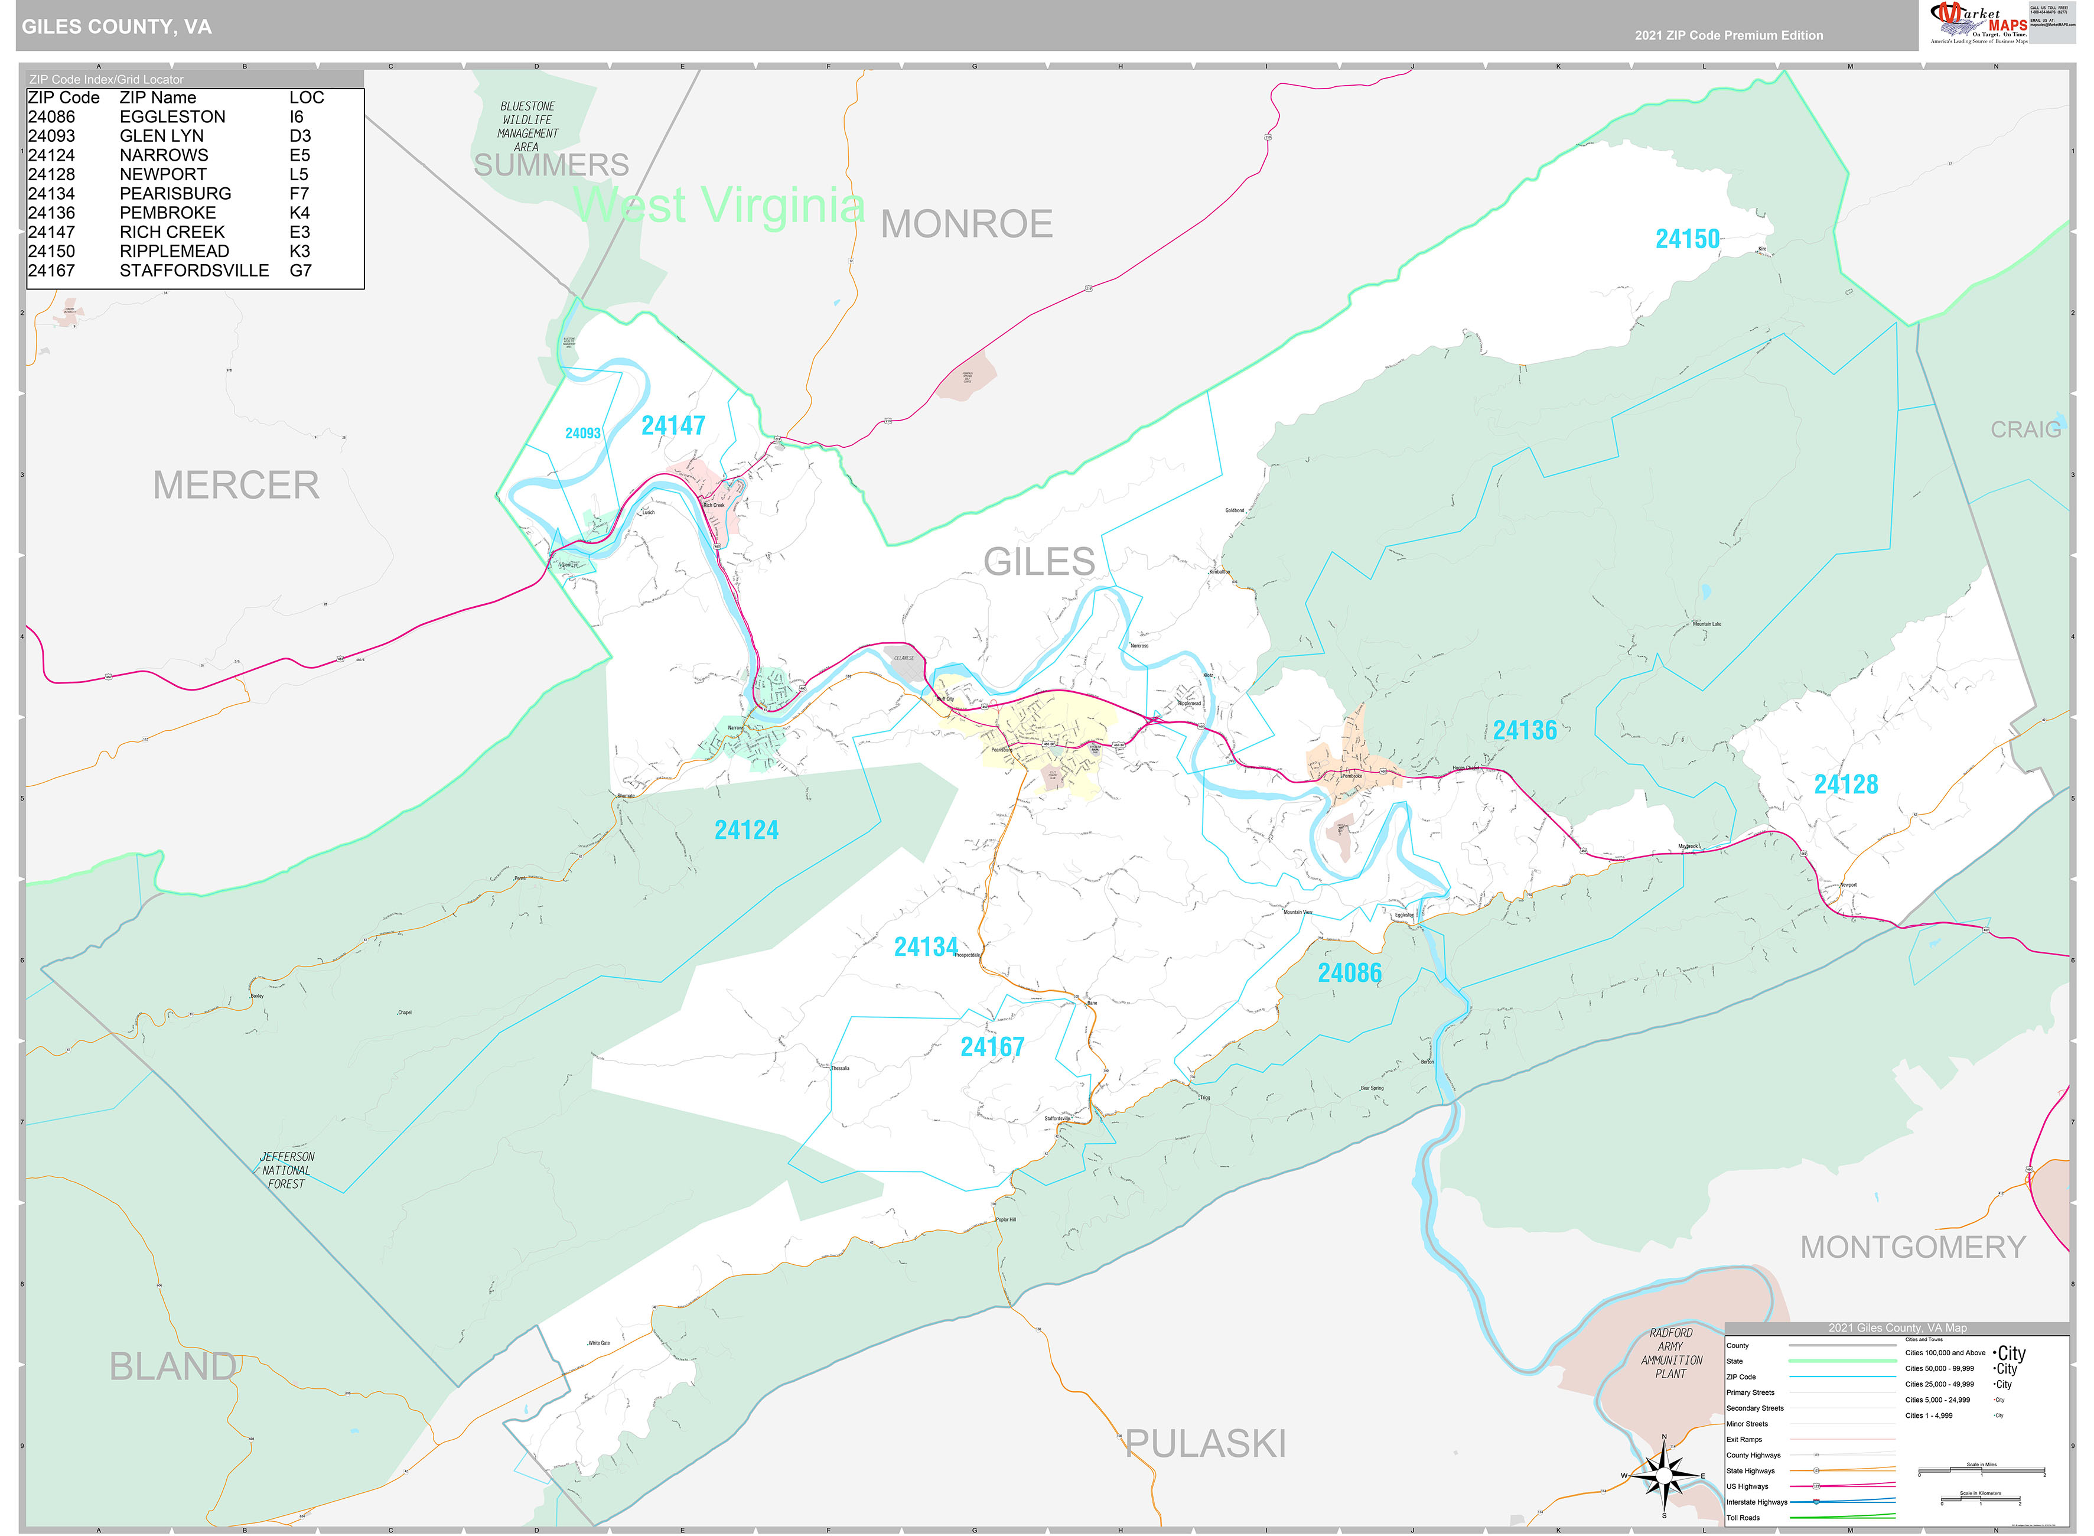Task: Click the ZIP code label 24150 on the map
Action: click(1687, 239)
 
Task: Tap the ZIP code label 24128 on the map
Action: click(1846, 785)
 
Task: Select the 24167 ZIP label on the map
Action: click(992, 1047)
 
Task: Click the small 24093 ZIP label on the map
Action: click(583, 433)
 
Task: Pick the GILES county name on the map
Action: click(1039, 562)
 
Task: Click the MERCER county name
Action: click(236, 486)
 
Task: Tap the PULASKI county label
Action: click(1206, 1444)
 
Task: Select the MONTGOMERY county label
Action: click(1913, 1247)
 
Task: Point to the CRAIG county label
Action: click(2025, 429)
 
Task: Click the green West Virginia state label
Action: click(718, 204)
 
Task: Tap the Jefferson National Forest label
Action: click(286, 1170)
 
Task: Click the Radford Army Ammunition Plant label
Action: click(1670, 1353)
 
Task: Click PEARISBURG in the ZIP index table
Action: click(175, 193)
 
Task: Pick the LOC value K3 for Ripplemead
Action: click(299, 251)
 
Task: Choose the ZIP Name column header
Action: click(158, 97)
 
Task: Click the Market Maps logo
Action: click(1978, 22)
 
